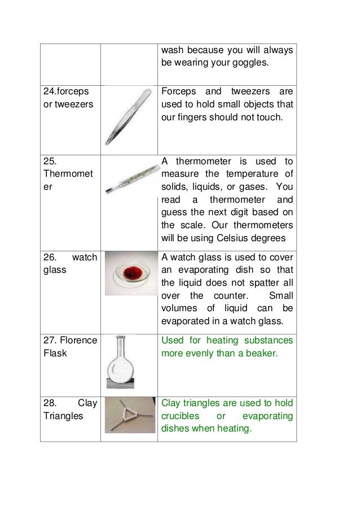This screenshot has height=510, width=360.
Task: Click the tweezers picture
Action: click(x=130, y=116)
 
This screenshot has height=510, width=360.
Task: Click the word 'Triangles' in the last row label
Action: click(x=63, y=416)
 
